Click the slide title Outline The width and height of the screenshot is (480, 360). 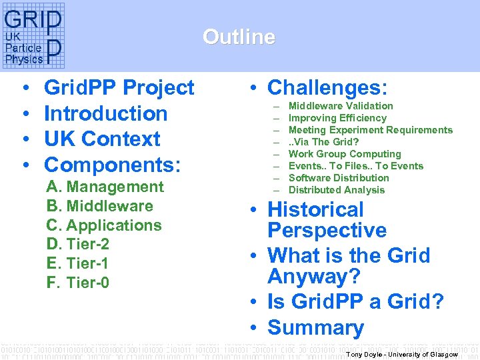[239, 37]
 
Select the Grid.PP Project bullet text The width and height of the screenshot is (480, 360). [119, 87]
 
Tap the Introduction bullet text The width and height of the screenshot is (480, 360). [105, 113]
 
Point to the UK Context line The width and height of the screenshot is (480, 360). [102, 139]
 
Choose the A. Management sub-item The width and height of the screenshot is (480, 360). [105, 187]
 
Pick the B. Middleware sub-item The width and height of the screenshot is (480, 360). [99, 207]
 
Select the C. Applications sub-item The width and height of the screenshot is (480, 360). [104, 225]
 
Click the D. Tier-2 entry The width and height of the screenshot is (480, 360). [78, 245]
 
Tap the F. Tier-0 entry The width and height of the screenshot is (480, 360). [77, 283]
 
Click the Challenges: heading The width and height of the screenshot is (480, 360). [327, 87]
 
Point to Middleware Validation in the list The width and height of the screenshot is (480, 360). [340, 106]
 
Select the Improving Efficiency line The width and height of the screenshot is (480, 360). [337, 118]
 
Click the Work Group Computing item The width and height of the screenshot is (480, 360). [345, 154]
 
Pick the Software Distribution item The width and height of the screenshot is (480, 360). [339, 178]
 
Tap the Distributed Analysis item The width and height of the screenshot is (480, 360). [336, 190]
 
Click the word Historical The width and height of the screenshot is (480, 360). [315, 209]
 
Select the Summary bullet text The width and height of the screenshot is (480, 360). [315, 327]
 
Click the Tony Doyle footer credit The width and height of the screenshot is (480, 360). [402, 354]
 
